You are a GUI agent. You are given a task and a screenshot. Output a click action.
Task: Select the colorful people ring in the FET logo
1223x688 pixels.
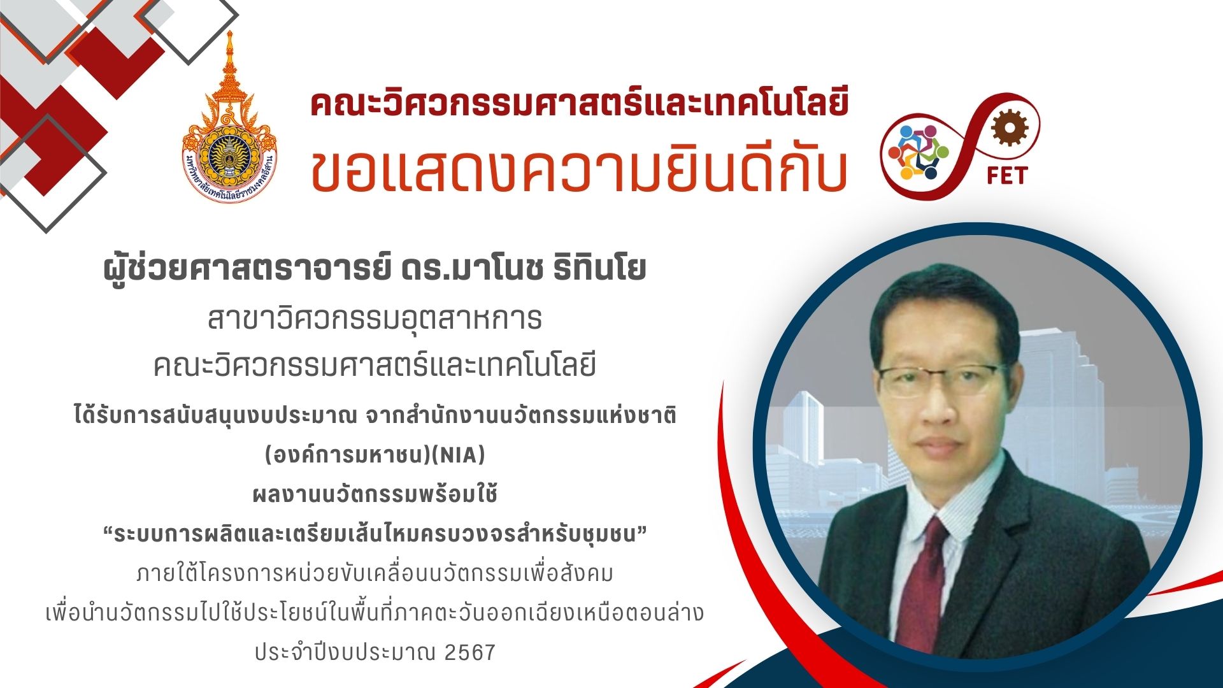pyautogui.click(x=919, y=152)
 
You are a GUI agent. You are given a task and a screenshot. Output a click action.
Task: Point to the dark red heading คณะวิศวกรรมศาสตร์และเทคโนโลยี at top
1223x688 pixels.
pyautogui.click(x=580, y=104)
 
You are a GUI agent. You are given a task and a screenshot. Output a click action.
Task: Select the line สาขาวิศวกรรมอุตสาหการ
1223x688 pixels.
pyautogui.click(x=375, y=319)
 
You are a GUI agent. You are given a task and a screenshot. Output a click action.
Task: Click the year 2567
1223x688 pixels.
pyautogui.click(x=470, y=652)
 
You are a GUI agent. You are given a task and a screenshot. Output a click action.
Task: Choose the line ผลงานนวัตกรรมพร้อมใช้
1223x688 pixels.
pyautogui.click(x=375, y=494)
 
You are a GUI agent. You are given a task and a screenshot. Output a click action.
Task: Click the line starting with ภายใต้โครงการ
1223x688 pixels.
pyautogui.click(x=375, y=573)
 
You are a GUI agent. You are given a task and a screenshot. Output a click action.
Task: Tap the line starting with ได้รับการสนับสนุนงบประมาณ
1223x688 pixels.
pyautogui.click(x=375, y=415)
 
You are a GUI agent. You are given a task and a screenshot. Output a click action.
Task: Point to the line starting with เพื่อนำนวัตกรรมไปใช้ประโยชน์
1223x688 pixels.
pyautogui.click(x=375, y=613)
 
